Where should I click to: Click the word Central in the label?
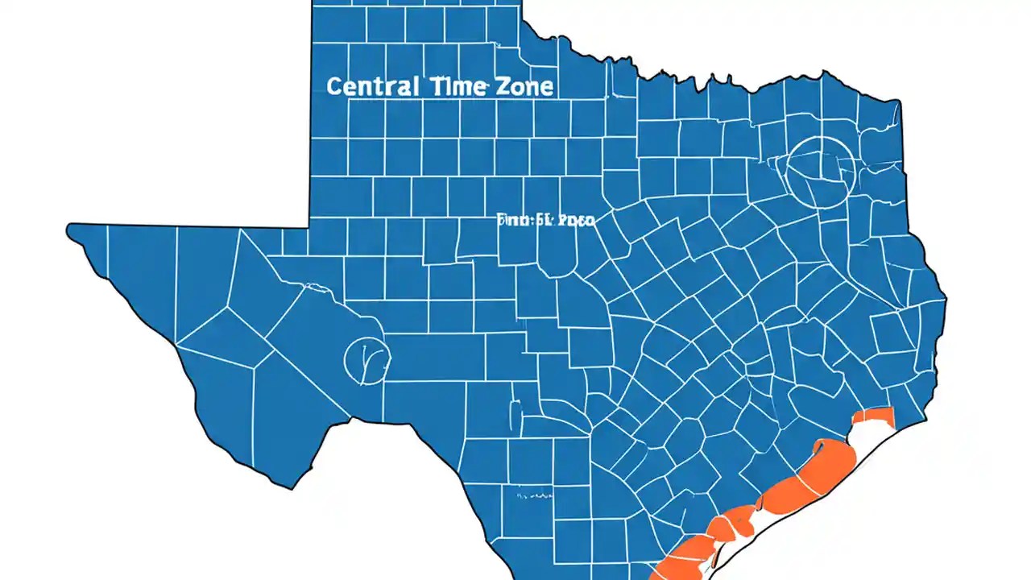coord(372,86)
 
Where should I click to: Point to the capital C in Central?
coord(335,87)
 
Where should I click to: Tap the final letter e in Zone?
coord(548,88)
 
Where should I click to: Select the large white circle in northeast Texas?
coord(820,172)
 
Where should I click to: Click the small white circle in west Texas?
coord(366,358)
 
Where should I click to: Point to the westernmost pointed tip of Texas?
coord(69,230)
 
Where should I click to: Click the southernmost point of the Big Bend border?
coord(290,487)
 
